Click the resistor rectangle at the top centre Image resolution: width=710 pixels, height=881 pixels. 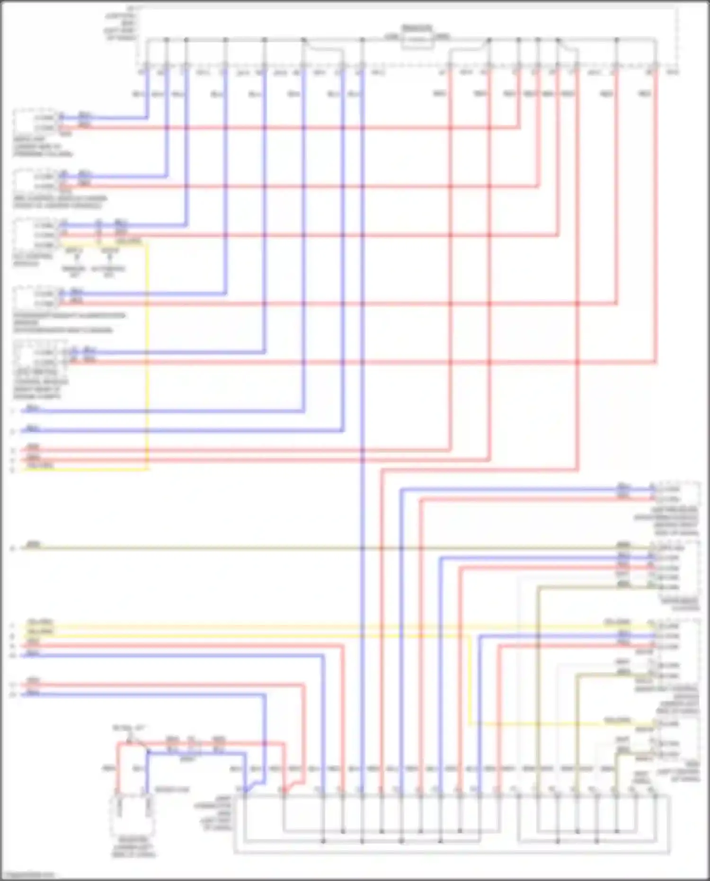click(x=417, y=42)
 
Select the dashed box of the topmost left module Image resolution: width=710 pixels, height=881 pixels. click(x=35, y=122)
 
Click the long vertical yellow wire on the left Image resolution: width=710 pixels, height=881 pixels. click(x=147, y=355)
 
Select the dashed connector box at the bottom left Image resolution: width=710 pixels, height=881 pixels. click(x=133, y=816)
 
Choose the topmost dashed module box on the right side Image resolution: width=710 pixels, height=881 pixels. click(x=677, y=494)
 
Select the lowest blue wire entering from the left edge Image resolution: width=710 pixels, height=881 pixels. click(x=142, y=694)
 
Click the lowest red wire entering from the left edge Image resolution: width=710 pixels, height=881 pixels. click(x=142, y=685)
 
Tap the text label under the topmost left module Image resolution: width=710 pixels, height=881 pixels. click(x=43, y=147)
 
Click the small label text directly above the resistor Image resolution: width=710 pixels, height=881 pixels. click(x=417, y=28)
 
